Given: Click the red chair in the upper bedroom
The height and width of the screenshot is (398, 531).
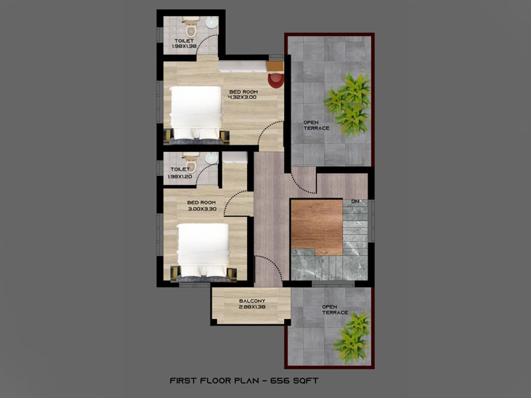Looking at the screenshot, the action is click(276, 80).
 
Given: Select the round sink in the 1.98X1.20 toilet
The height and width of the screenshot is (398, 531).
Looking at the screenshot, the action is click(212, 158).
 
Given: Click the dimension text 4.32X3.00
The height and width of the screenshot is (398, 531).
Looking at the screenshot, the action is click(242, 97).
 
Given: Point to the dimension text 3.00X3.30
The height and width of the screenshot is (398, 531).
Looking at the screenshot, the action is click(202, 209).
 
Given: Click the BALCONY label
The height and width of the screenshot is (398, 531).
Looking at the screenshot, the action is click(252, 301).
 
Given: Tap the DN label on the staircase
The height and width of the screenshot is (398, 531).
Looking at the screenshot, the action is click(355, 202).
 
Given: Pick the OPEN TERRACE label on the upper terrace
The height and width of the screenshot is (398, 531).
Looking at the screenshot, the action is click(317, 125).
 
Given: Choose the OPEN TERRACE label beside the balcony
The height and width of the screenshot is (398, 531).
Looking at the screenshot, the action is click(335, 310).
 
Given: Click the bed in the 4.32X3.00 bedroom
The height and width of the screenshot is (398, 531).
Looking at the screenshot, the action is click(196, 113).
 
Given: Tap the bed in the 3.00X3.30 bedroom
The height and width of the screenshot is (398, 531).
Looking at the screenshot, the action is click(203, 251).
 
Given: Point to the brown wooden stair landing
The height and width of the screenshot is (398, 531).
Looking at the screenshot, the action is click(317, 227).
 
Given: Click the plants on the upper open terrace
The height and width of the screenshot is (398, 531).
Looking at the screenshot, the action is click(347, 103).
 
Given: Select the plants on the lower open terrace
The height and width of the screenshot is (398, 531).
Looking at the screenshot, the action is click(352, 337).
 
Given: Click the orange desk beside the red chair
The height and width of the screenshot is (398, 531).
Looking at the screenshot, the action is click(275, 66).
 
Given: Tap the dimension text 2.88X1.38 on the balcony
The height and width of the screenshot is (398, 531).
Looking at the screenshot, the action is click(252, 307).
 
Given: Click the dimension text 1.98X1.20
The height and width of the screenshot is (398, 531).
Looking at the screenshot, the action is click(180, 176).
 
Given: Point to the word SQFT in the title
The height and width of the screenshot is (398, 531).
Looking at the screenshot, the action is click(305, 381).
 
